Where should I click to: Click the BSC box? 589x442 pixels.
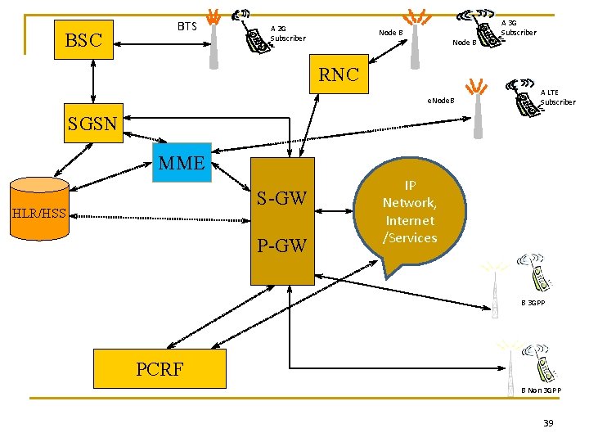coord(83,40)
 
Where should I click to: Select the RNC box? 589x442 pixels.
coord(339,74)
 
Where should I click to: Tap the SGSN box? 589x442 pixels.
coord(92,124)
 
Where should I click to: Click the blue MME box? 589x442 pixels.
coord(182,163)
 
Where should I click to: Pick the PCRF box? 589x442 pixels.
coord(160,368)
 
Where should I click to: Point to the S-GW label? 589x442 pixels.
coord(282,198)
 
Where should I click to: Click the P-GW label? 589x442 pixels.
coord(282,245)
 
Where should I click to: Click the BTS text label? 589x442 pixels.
coord(187,26)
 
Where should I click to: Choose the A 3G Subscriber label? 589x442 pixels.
coord(518,28)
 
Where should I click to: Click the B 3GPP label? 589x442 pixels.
coord(533,303)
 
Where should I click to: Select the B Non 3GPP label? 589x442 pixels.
coord(542,390)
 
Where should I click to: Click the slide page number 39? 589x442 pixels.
coord(548,422)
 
